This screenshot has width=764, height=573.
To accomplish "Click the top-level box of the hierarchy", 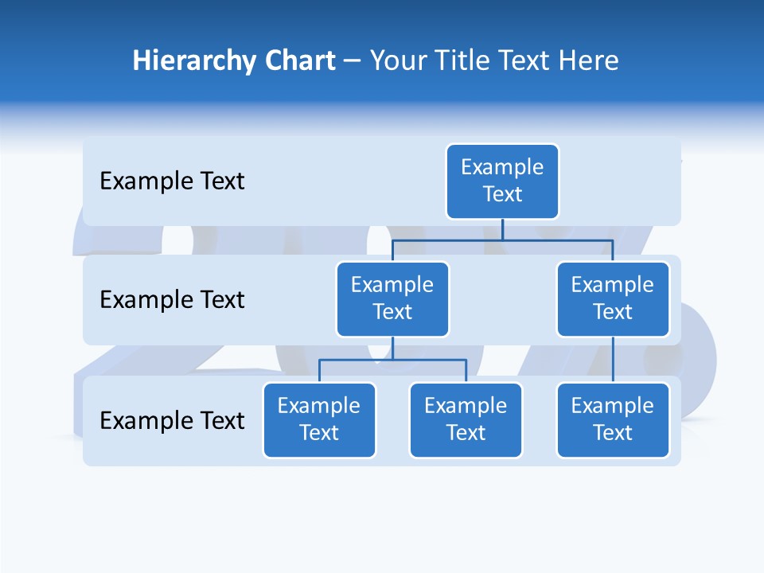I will (502, 181).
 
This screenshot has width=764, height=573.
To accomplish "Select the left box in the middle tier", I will (392, 298).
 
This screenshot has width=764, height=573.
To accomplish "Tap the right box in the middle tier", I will (613, 298).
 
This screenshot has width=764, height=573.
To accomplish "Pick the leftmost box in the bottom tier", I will (319, 419).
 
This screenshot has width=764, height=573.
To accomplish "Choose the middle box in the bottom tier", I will (466, 419).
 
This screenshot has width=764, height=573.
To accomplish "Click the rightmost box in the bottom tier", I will (613, 419).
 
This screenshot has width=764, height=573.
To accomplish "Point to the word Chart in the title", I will (297, 60).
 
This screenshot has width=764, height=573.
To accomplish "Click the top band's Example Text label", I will (172, 181).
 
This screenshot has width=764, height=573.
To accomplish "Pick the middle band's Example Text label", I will (172, 299).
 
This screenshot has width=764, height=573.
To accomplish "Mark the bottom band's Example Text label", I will (172, 420).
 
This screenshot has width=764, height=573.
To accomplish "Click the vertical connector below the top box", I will (502, 229).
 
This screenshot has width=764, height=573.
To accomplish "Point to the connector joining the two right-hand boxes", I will (613, 359).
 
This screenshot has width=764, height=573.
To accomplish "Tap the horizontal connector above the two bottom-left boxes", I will (392, 360).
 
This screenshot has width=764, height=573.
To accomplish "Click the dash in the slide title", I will (353, 61).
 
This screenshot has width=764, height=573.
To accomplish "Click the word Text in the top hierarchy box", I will (502, 194).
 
